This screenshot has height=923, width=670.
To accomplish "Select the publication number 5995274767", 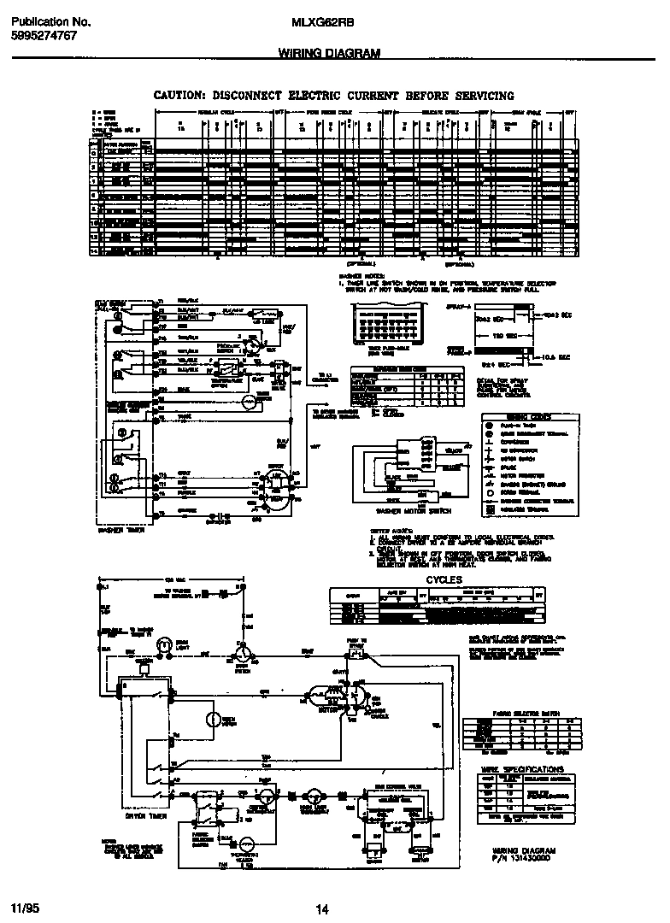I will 44,36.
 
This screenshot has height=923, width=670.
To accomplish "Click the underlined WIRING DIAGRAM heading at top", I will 329,53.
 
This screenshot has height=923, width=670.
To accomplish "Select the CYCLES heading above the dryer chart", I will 444,579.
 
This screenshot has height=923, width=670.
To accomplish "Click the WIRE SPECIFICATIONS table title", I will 522,769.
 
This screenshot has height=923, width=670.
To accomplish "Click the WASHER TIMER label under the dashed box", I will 123,531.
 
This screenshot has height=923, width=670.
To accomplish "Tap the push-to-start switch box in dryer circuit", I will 356,654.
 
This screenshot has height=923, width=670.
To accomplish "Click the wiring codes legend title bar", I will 520,416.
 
